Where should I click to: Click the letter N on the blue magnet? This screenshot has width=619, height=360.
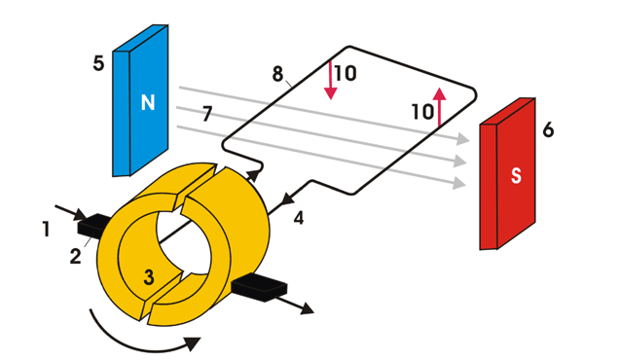(148, 102)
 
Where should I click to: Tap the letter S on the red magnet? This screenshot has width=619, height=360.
(516, 176)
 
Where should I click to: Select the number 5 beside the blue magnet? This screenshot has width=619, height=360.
(98, 63)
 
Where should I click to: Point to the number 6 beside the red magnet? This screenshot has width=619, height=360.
(548, 129)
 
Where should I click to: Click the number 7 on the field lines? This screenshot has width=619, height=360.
(207, 114)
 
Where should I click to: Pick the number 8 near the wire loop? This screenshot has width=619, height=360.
(278, 74)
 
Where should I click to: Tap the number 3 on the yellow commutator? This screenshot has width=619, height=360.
(149, 277)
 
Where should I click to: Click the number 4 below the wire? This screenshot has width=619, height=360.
(299, 218)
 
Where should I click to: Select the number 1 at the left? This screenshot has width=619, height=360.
(47, 230)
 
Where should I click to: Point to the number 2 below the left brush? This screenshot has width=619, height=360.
(75, 256)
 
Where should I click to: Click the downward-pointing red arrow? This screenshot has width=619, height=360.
(330, 81)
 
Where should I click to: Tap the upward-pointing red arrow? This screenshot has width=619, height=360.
(439, 107)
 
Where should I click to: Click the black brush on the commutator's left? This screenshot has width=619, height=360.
(93, 226)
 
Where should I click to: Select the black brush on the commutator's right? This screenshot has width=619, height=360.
(259, 287)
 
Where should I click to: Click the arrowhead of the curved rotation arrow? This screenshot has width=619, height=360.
(193, 343)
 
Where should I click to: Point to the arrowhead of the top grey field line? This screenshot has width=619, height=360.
(463, 138)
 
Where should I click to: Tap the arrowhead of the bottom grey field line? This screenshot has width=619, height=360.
(460, 183)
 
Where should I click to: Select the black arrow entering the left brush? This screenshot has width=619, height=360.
(70, 212)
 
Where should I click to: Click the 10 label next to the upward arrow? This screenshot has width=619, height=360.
(423, 112)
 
